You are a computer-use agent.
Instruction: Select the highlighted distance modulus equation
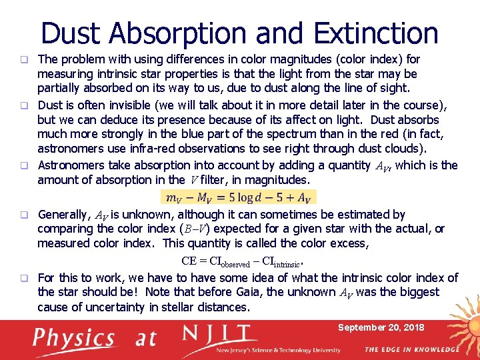click(x=238, y=197)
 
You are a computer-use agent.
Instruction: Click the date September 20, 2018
click(x=381, y=327)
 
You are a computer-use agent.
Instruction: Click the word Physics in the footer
click(x=75, y=338)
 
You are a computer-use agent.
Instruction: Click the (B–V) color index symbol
click(x=199, y=229)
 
